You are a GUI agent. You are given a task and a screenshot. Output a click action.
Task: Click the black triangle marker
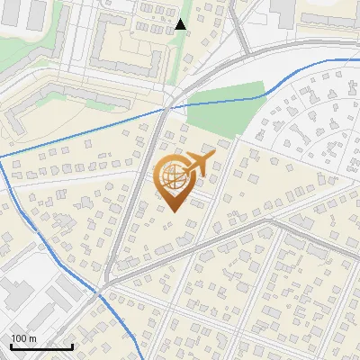tap(181, 23)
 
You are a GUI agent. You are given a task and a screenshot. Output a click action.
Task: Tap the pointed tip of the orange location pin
tap(175, 211)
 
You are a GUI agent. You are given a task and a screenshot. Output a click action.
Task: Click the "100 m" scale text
tap(23, 338)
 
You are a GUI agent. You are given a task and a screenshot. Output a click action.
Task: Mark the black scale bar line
tap(41, 346)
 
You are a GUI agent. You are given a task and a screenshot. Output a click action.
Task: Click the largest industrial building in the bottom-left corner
tap(18, 292)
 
